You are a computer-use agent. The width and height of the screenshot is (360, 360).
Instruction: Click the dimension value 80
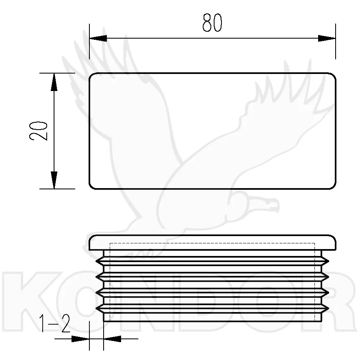point(212,22)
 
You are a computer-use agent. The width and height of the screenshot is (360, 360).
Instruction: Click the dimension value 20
point(38,131)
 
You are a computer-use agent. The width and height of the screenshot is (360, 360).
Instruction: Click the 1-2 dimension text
point(54,323)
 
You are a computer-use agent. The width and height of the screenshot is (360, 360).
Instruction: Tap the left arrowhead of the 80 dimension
point(98,38)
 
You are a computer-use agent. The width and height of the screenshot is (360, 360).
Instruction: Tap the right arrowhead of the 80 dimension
point(327,38)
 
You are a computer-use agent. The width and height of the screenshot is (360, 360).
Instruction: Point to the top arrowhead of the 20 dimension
point(54,82)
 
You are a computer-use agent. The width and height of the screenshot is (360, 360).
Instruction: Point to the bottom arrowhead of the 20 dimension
point(54,180)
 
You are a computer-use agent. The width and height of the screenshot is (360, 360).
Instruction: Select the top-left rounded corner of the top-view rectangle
point(91,75)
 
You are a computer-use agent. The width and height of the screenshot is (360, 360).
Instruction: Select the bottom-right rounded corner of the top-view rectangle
point(333,187)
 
